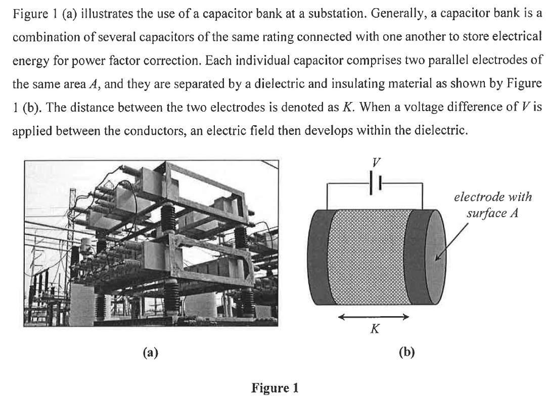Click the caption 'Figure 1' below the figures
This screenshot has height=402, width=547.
[x=275, y=388]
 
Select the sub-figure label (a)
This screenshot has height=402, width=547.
[x=150, y=353]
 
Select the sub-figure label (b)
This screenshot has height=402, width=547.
[x=406, y=353]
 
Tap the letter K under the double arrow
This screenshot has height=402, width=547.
[x=374, y=330]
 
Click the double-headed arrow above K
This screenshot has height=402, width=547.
[x=374, y=317]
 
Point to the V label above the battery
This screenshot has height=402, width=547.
[x=375, y=163]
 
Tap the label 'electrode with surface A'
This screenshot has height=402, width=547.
[x=492, y=205]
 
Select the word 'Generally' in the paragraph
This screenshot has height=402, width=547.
[x=394, y=13]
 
